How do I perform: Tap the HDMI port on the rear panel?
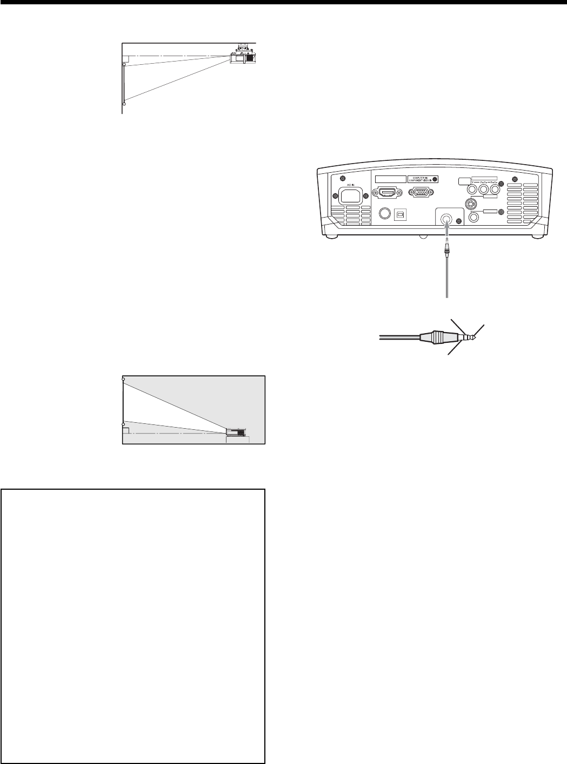(x=387, y=192)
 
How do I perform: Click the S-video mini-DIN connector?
(x=470, y=205)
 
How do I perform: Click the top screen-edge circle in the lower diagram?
(x=124, y=379)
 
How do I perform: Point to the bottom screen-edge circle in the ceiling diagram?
(x=124, y=103)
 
